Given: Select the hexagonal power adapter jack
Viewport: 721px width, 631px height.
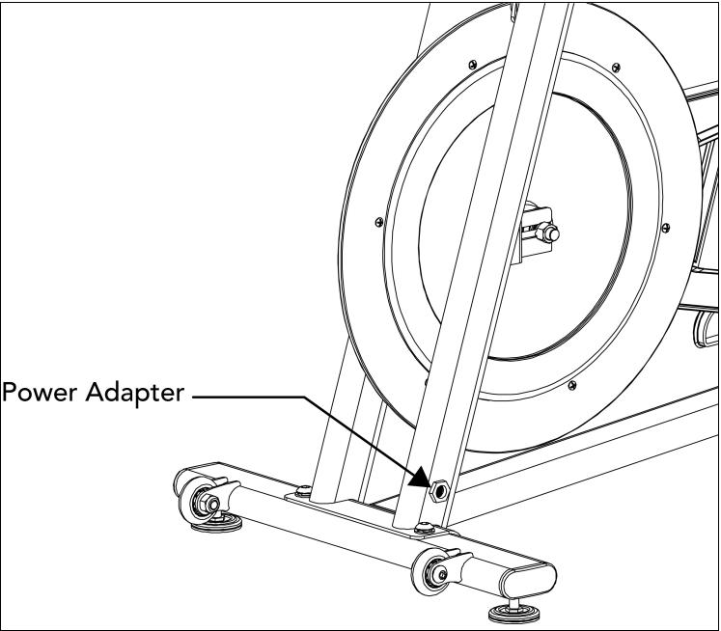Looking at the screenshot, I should tap(440, 490).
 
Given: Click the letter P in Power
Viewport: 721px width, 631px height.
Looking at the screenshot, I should tap(11, 395).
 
